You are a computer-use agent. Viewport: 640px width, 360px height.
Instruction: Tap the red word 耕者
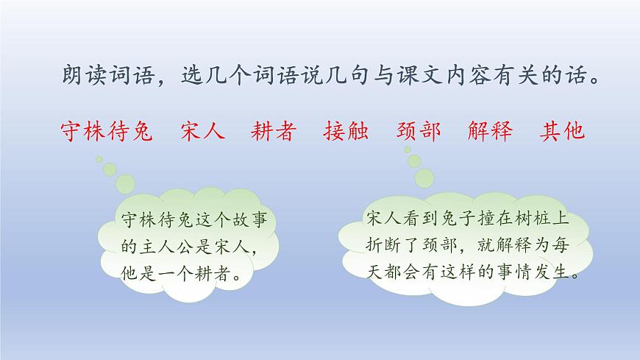pyautogui.click(x=274, y=131)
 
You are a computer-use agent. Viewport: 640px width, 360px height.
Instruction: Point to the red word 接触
pyautogui.click(x=346, y=131)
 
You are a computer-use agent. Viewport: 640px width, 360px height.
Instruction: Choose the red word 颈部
pyautogui.click(x=419, y=131)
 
